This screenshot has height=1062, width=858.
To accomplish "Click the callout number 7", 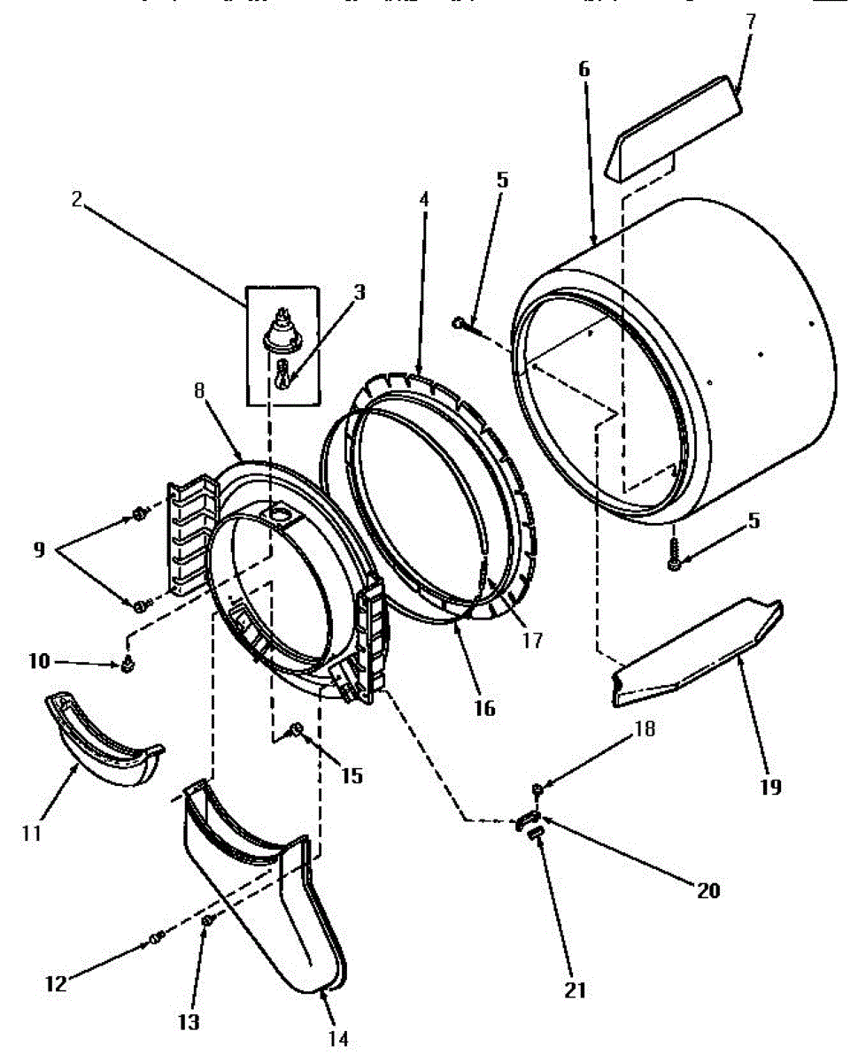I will (751, 21).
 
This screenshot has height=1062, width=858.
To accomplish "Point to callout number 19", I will (771, 787).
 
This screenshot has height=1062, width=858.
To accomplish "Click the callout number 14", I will (337, 1038).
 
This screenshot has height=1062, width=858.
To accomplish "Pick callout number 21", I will (576, 990).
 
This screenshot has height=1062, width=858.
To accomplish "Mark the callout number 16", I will (484, 708).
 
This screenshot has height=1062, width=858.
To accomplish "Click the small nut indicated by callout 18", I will (537, 788).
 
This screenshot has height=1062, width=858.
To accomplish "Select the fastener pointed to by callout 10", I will (128, 665).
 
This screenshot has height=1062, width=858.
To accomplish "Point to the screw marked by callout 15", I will (298, 730).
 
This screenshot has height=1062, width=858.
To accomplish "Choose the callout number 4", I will (423, 199).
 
